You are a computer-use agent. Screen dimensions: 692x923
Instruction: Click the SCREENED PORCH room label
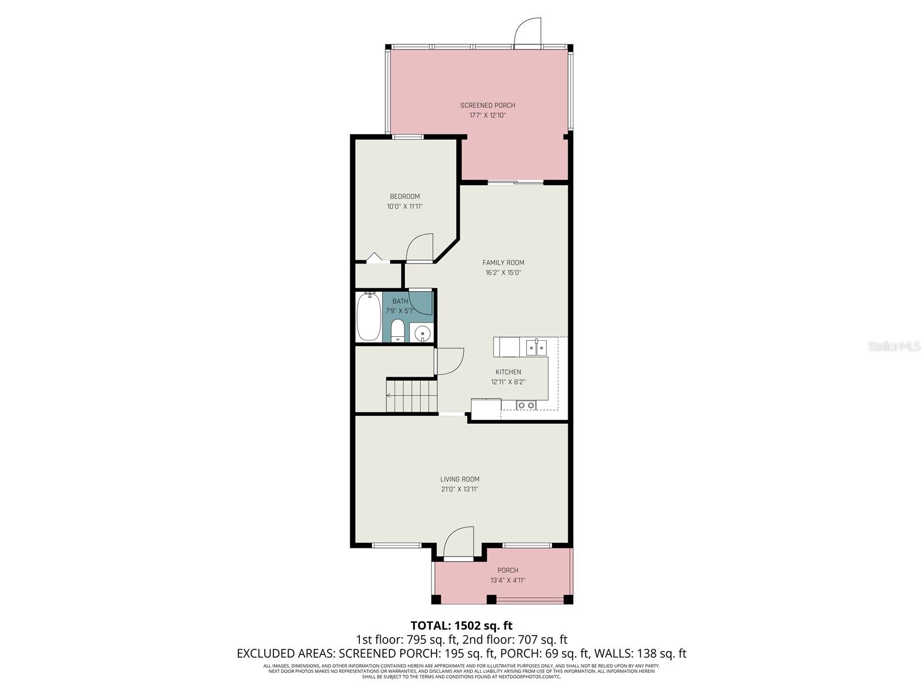pyautogui.click(x=487, y=105)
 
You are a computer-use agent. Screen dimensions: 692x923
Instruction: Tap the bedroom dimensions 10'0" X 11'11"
pyautogui.click(x=404, y=206)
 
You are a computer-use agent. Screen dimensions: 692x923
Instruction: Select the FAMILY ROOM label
pyautogui.click(x=503, y=262)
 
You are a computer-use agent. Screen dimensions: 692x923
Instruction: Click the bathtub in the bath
pyautogui.click(x=368, y=317)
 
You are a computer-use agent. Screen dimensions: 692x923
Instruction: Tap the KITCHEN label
pyautogui.click(x=508, y=372)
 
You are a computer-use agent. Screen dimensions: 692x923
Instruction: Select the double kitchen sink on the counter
pyautogui.click(x=536, y=348)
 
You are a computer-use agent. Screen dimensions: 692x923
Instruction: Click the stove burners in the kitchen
pyautogui.click(x=526, y=405)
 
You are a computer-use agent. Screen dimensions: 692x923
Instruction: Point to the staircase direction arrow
pyautogui.click(x=389, y=396)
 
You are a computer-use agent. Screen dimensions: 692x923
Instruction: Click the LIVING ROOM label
pyautogui.click(x=460, y=479)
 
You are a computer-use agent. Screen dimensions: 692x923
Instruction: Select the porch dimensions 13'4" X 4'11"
pyautogui.click(x=508, y=581)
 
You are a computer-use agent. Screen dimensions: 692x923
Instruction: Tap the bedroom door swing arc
pyautogui.click(x=419, y=248)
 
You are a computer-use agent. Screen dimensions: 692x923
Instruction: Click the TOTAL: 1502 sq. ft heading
pyautogui.click(x=461, y=625)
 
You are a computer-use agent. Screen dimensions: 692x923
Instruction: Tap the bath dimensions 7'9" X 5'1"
pyautogui.click(x=400, y=311)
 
